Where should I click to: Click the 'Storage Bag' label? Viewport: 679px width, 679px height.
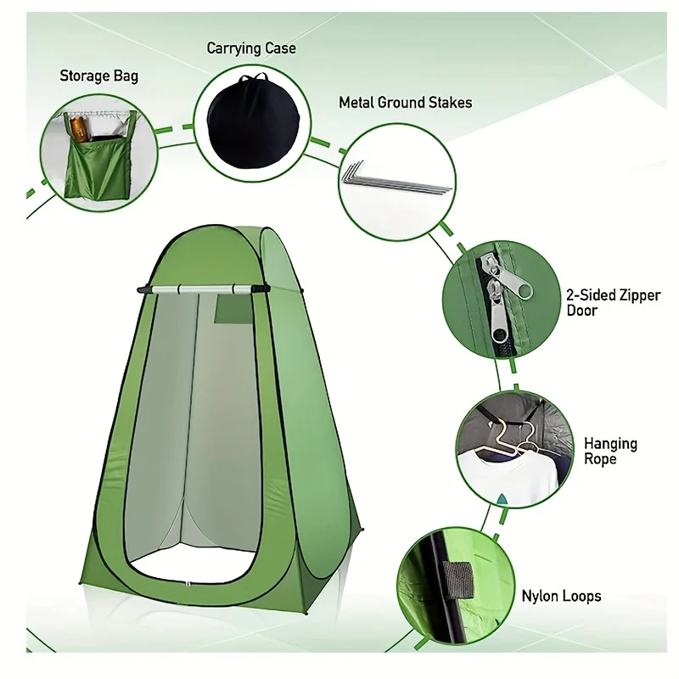coord(98,76)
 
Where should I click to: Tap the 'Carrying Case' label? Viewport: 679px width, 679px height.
coord(251,48)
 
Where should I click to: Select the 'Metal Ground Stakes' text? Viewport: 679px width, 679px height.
coord(406,103)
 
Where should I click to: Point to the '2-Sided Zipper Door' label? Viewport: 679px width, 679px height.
coord(613,302)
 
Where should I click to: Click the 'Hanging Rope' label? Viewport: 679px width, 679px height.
coord(610,451)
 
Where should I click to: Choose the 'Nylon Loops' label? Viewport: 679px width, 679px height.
coord(561,596)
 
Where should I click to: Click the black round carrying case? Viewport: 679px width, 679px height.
coord(253,122)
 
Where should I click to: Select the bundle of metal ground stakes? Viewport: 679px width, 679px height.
coord(396,177)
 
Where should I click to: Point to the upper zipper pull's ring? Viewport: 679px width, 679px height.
coord(524,289)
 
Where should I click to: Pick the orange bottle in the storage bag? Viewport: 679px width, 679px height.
coord(79,128)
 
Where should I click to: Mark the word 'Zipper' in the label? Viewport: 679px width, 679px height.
coord(640,295)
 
